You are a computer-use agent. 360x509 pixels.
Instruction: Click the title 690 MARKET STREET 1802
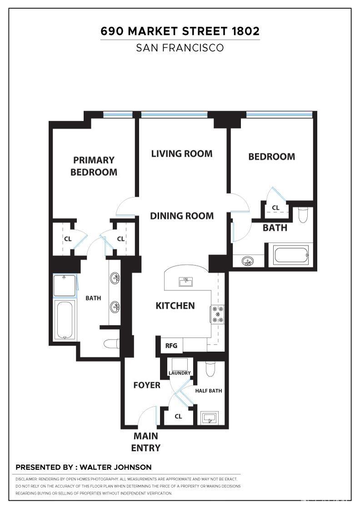180,31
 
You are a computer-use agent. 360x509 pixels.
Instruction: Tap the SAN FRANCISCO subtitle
180,48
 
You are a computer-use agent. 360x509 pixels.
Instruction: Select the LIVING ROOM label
182,154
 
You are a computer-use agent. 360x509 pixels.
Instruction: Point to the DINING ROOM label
182,216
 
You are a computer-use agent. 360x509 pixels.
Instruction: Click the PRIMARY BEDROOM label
94,166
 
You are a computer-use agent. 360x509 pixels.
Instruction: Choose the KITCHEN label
175,306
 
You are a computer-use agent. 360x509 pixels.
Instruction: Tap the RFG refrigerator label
171,345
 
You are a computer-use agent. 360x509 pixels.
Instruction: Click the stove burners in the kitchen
217,314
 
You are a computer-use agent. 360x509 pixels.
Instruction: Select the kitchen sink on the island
186,282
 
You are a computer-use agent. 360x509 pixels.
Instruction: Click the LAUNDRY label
180,373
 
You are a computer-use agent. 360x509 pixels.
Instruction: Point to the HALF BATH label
209,391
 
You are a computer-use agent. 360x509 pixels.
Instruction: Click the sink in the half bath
209,417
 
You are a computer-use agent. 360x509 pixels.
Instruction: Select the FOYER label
147,385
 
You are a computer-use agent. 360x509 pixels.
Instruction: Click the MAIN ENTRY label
145,442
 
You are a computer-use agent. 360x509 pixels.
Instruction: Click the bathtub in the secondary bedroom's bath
291,254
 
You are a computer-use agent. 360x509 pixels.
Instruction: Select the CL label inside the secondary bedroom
275,208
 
